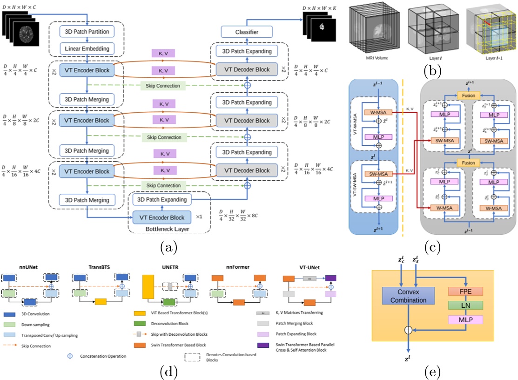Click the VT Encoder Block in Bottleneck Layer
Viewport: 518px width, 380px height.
point(162,217)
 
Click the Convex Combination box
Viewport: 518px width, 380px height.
point(408,297)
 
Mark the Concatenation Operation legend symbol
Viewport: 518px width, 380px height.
point(69,355)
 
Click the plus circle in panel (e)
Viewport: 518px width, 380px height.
point(408,330)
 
